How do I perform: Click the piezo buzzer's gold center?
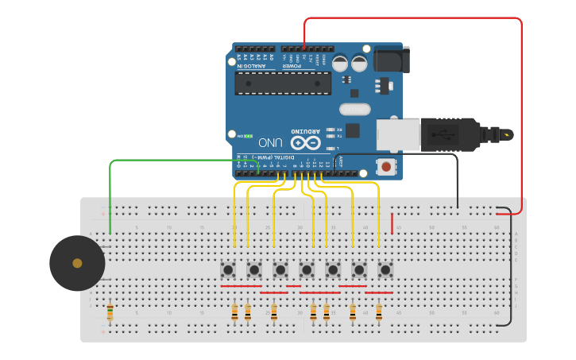pyautogui.click(x=77, y=263)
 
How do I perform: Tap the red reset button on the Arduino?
pyautogui.click(x=386, y=167)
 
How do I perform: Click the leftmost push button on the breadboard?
pyautogui.click(x=228, y=270)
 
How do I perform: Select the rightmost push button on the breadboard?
pyautogui.click(x=385, y=270)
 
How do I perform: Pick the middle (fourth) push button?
pyautogui.click(x=307, y=270)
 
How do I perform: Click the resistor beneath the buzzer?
pyautogui.click(x=110, y=312)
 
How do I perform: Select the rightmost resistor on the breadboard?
pyautogui.click(x=379, y=312)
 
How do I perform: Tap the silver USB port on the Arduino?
pyautogui.click(x=396, y=134)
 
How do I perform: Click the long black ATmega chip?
pyautogui.click(x=283, y=83)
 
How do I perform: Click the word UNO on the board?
pyautogui.click(x=270, y=143)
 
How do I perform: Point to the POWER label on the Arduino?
pyautogui.click(x=292, y=66)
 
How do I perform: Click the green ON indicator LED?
pyautogui.click(x=248, y=136)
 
